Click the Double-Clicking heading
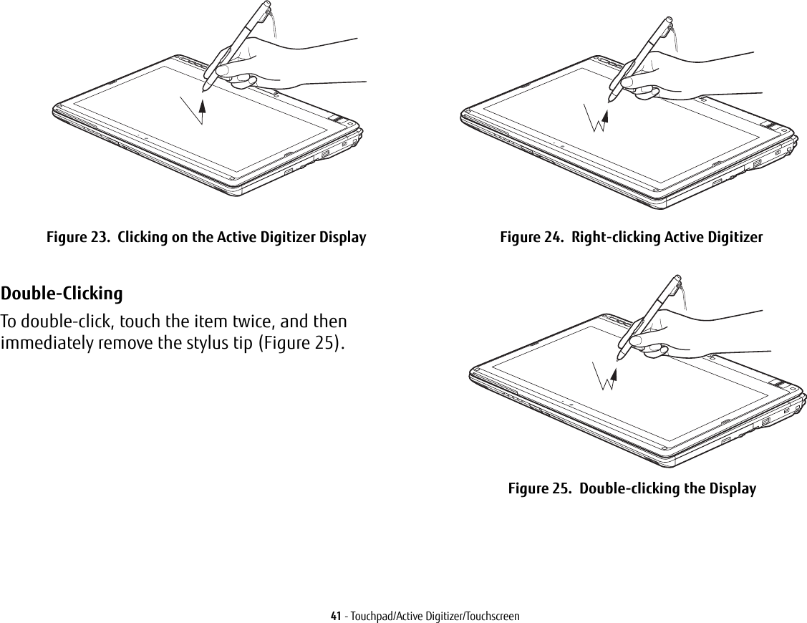(x=62, y=294)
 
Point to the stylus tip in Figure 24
(x=610, y=100)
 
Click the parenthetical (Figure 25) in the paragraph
(x=301, y=342)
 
